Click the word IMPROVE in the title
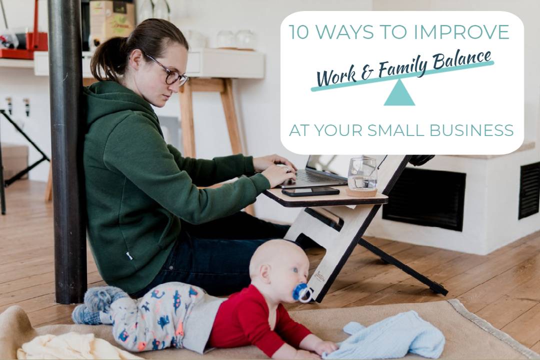(461, 32)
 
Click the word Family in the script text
(403, 68)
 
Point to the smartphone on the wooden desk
(310, 191)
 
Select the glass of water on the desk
(362, 173)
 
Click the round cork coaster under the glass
(361, 192)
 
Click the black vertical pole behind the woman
(67, 151)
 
